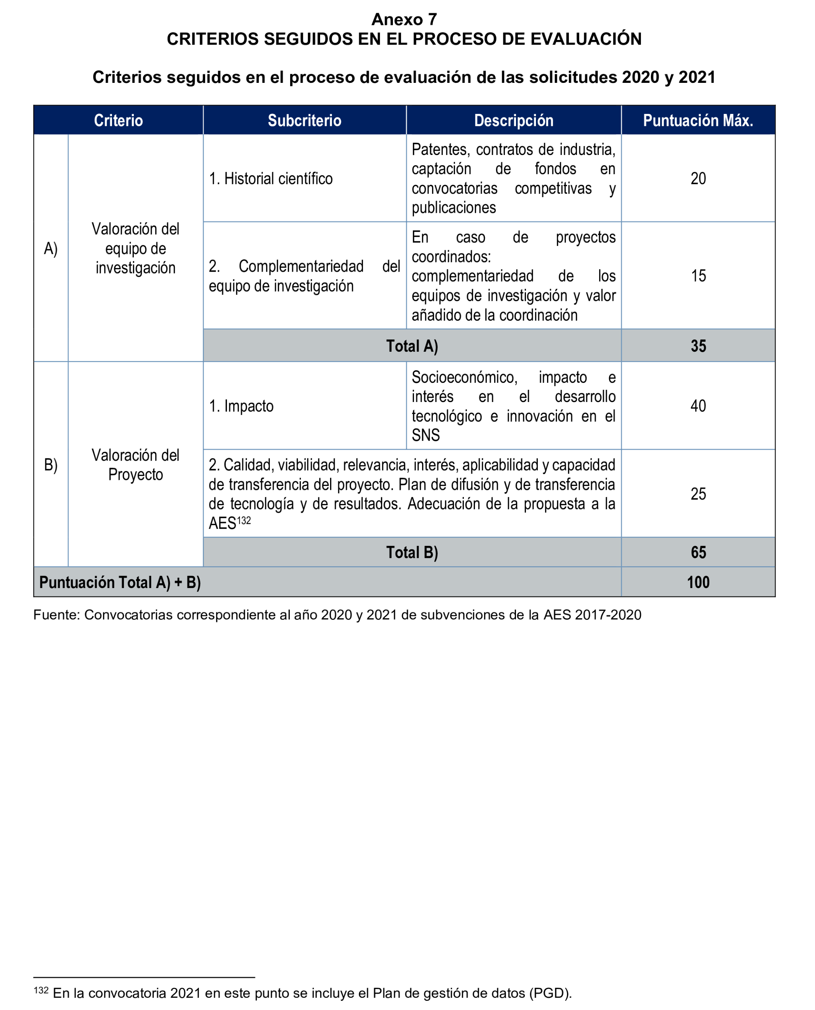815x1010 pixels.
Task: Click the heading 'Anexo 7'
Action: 404,19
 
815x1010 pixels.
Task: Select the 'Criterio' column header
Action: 118,121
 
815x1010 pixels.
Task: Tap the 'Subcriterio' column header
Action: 304,121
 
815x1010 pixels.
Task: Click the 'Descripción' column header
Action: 513,121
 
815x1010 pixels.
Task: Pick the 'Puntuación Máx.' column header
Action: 698,121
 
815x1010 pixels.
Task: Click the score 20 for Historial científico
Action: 698,178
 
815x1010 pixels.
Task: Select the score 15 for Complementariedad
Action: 698,276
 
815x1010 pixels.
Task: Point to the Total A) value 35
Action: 698,346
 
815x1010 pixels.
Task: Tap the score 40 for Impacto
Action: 698,406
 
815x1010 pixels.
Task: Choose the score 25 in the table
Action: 698,494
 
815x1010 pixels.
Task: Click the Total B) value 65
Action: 698,552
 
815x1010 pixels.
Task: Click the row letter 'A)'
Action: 51,249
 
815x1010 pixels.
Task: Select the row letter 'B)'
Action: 51,465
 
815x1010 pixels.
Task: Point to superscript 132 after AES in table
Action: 244,521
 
